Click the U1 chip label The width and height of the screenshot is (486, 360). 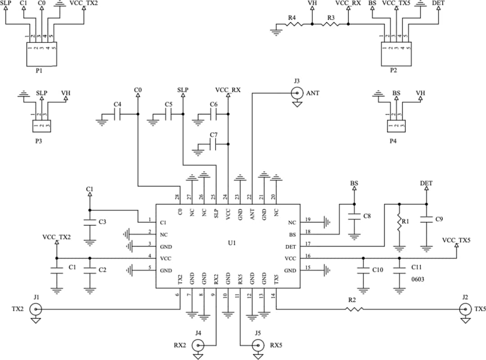(232, 243)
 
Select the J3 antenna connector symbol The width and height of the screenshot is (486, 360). (297, 93)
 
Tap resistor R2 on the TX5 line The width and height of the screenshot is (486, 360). (354, 309)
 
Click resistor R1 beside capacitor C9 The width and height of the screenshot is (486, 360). (398, 222)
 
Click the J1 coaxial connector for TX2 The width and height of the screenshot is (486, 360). (36, 310)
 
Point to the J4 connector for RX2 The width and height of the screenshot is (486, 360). (198, 346)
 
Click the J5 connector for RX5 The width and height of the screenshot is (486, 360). (257, 346)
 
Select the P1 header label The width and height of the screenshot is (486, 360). (39, 71)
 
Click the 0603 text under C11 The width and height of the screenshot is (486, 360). (418, 279)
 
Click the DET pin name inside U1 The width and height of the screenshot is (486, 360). (290, 247)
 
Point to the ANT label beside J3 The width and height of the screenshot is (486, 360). (313, 93)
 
